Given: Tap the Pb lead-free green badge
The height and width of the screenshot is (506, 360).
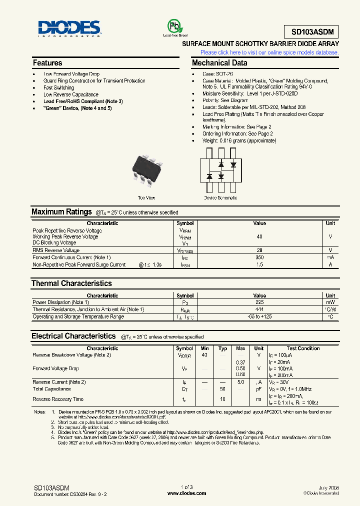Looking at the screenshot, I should (172, 26).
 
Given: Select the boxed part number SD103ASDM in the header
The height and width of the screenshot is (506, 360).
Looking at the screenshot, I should (311, 32).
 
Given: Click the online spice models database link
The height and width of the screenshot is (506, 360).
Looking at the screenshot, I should (269, 52).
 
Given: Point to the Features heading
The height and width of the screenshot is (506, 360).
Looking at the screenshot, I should (47, 63).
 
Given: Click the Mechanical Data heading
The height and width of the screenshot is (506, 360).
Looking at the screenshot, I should (219, 63).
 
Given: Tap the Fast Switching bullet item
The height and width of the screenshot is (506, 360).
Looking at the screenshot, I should (58, 87).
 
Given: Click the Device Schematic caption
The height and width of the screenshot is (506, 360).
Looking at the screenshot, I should (220, 198).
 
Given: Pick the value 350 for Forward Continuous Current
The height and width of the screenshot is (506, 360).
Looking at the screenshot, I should (259, 257).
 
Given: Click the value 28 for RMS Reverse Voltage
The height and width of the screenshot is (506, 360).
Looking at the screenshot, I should (259, 250).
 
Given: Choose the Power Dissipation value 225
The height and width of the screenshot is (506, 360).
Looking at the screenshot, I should (259, 302).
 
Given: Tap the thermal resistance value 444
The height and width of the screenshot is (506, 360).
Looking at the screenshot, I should (259, 309).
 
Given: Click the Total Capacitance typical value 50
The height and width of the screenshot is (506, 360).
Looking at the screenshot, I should (223, 389).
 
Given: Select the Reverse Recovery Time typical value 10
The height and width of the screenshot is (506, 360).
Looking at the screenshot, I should (223, 399).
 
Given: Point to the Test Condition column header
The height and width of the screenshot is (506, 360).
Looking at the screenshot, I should (303, 348).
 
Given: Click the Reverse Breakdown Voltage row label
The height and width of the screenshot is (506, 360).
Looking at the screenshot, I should (71, 355).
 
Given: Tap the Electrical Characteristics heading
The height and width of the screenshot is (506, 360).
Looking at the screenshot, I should (73, 336).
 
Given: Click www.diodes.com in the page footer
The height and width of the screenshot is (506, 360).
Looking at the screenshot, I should (186, 493).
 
